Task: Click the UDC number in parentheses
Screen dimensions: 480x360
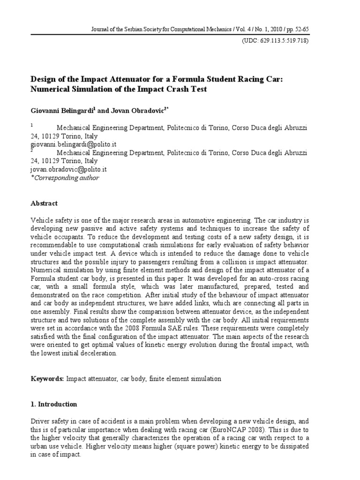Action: [275, 40]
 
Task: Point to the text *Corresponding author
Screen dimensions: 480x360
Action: [65, 178]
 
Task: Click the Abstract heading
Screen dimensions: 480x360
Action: [44, 203]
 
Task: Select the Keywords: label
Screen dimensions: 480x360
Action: [47, 377]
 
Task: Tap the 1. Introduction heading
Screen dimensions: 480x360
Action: [53, 404]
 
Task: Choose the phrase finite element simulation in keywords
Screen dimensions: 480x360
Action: [184, 377]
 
